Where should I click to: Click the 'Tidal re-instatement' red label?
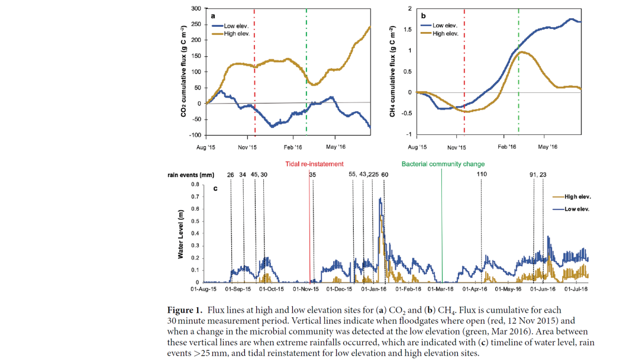(314, 164)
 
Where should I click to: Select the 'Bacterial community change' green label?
(443, 164)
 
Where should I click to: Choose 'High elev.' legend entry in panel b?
(446, 34)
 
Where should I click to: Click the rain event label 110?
(481, 175)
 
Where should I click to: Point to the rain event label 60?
(385, 175)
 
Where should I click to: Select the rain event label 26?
(231, 175)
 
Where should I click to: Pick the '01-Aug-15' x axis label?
(203, 289)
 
